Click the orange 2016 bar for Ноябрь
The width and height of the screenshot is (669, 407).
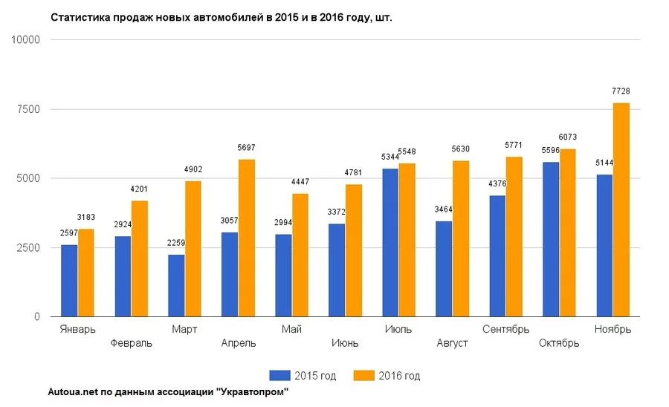pos(621,209)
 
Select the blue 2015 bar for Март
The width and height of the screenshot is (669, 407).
pos(176,285)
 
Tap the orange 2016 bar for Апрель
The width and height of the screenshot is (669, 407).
pos(247,238)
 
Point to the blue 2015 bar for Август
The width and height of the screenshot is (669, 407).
pos(444,269)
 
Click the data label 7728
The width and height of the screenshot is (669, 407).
pos(621,91)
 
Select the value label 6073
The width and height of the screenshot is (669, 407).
pos(568,137)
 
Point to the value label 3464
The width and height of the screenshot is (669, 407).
pos(444,209)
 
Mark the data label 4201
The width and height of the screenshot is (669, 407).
pos(140,189)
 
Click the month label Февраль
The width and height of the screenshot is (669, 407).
pos(131,343)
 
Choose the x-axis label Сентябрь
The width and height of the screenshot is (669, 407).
pos(505,329)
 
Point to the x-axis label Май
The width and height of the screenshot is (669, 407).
pos(291,329)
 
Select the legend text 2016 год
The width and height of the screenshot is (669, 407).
pos(399,376)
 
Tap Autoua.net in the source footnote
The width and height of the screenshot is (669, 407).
pos(71,392)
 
